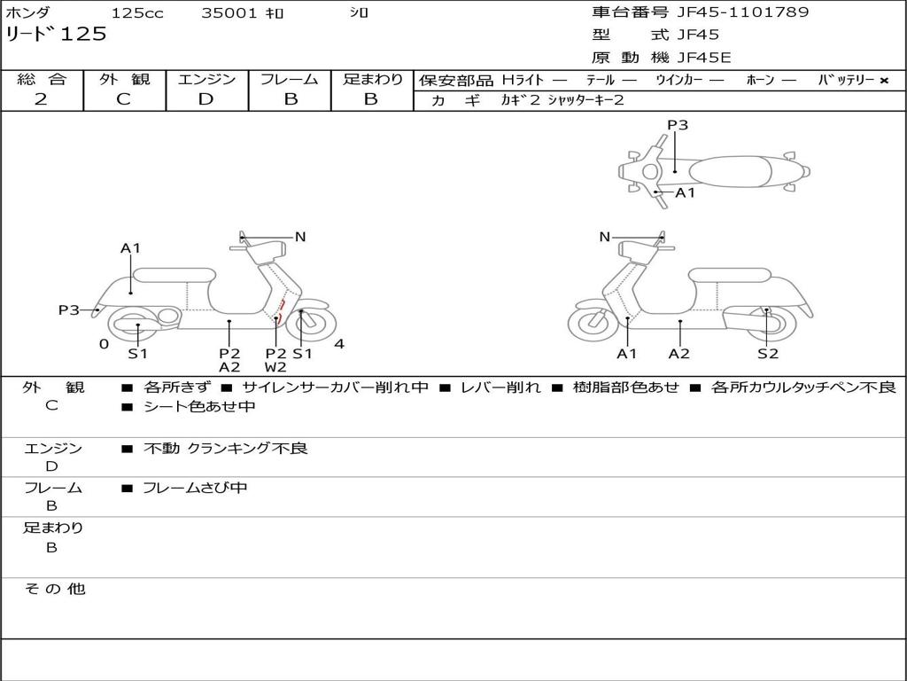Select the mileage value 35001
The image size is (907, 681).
tap(229, 13)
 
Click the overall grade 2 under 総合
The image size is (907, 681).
tap(41, 99)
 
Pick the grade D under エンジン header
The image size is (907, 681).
tap(205, 99)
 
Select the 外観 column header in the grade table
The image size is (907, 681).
tap(124, 80)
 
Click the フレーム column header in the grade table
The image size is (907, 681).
tap(290, 80)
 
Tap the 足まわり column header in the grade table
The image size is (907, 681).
tap(372, 80)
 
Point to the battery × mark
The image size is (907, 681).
tap(883, 81)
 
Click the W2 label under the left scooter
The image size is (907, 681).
tap(275, 367)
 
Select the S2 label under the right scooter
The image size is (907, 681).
tap(767, 354)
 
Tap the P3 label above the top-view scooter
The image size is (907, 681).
tap(678, 125)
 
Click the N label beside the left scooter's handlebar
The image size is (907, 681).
tap(300, 237)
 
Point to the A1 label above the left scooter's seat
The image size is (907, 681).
tap(131, 248)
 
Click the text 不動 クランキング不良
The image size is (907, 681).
tap(226, 449)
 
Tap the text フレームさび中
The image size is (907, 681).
tap(195, 488)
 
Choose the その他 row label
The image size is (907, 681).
tap(54, 589)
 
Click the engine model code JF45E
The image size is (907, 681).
tap(703, 59)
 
